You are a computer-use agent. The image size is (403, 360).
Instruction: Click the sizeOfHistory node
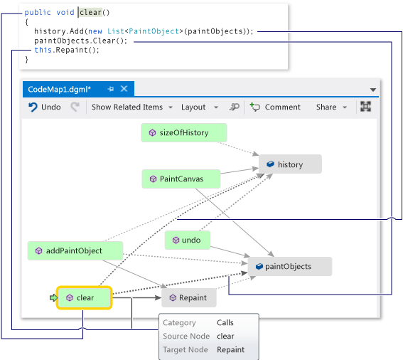click(184, 133)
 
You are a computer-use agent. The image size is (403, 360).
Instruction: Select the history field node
click(290, 164)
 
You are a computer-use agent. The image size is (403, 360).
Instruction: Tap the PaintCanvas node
click(181, 179)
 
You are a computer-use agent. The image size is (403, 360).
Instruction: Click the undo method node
click(188, 240)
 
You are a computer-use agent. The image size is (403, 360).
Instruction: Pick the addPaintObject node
click(75, 250)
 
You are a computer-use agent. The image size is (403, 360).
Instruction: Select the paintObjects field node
click(289, 267)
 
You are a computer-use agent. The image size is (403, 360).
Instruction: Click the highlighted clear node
click(85, 298)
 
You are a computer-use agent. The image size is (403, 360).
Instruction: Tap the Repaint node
click(189, 298)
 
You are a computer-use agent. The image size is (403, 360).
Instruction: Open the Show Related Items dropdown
click(131, 107)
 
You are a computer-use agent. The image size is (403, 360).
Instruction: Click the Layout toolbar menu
click(198, 107)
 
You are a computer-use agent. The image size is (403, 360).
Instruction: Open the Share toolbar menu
click(331, 107)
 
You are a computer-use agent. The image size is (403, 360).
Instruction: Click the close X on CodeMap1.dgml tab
click(124, 89)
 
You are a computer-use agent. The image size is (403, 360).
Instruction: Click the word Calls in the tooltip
click(225, 323)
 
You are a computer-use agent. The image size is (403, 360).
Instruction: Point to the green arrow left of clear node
click(53, 298)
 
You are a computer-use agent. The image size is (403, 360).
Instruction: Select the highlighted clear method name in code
click(90, 13)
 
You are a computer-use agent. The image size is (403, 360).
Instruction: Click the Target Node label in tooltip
click(186, 349)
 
